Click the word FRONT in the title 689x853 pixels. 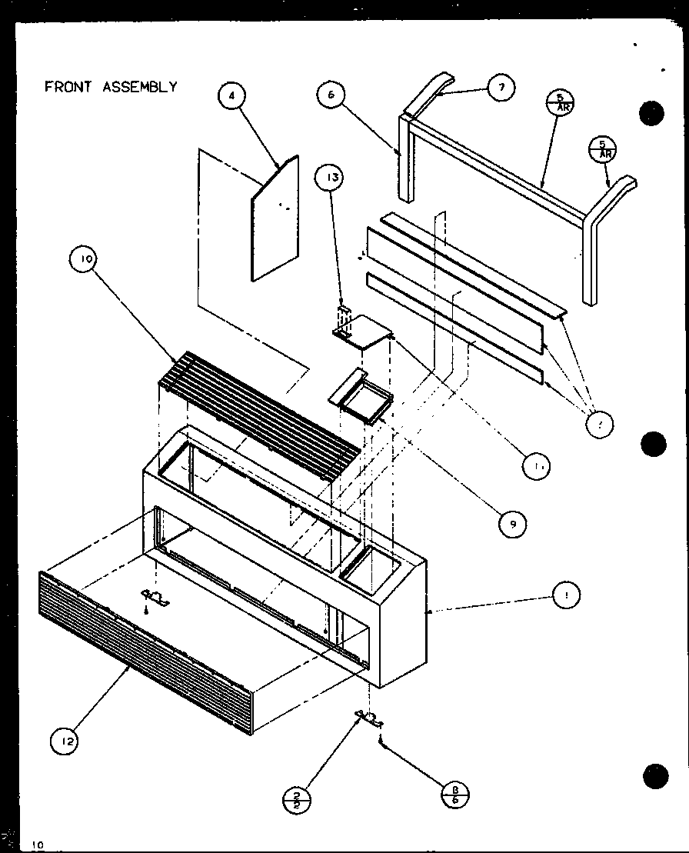(x=68, y=87)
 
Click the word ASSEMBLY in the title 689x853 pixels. (x=139, y=87)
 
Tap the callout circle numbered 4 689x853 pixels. (x=231, y=95)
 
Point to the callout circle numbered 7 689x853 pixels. (x=501, y=88)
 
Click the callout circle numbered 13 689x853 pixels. (x=331, y=179)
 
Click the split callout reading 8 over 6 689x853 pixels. (x=456, y=794)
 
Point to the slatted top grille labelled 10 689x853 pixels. (x=258, y=415)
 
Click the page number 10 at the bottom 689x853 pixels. (x=38, y=845)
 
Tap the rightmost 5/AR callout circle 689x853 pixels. (x=602, y=148)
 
